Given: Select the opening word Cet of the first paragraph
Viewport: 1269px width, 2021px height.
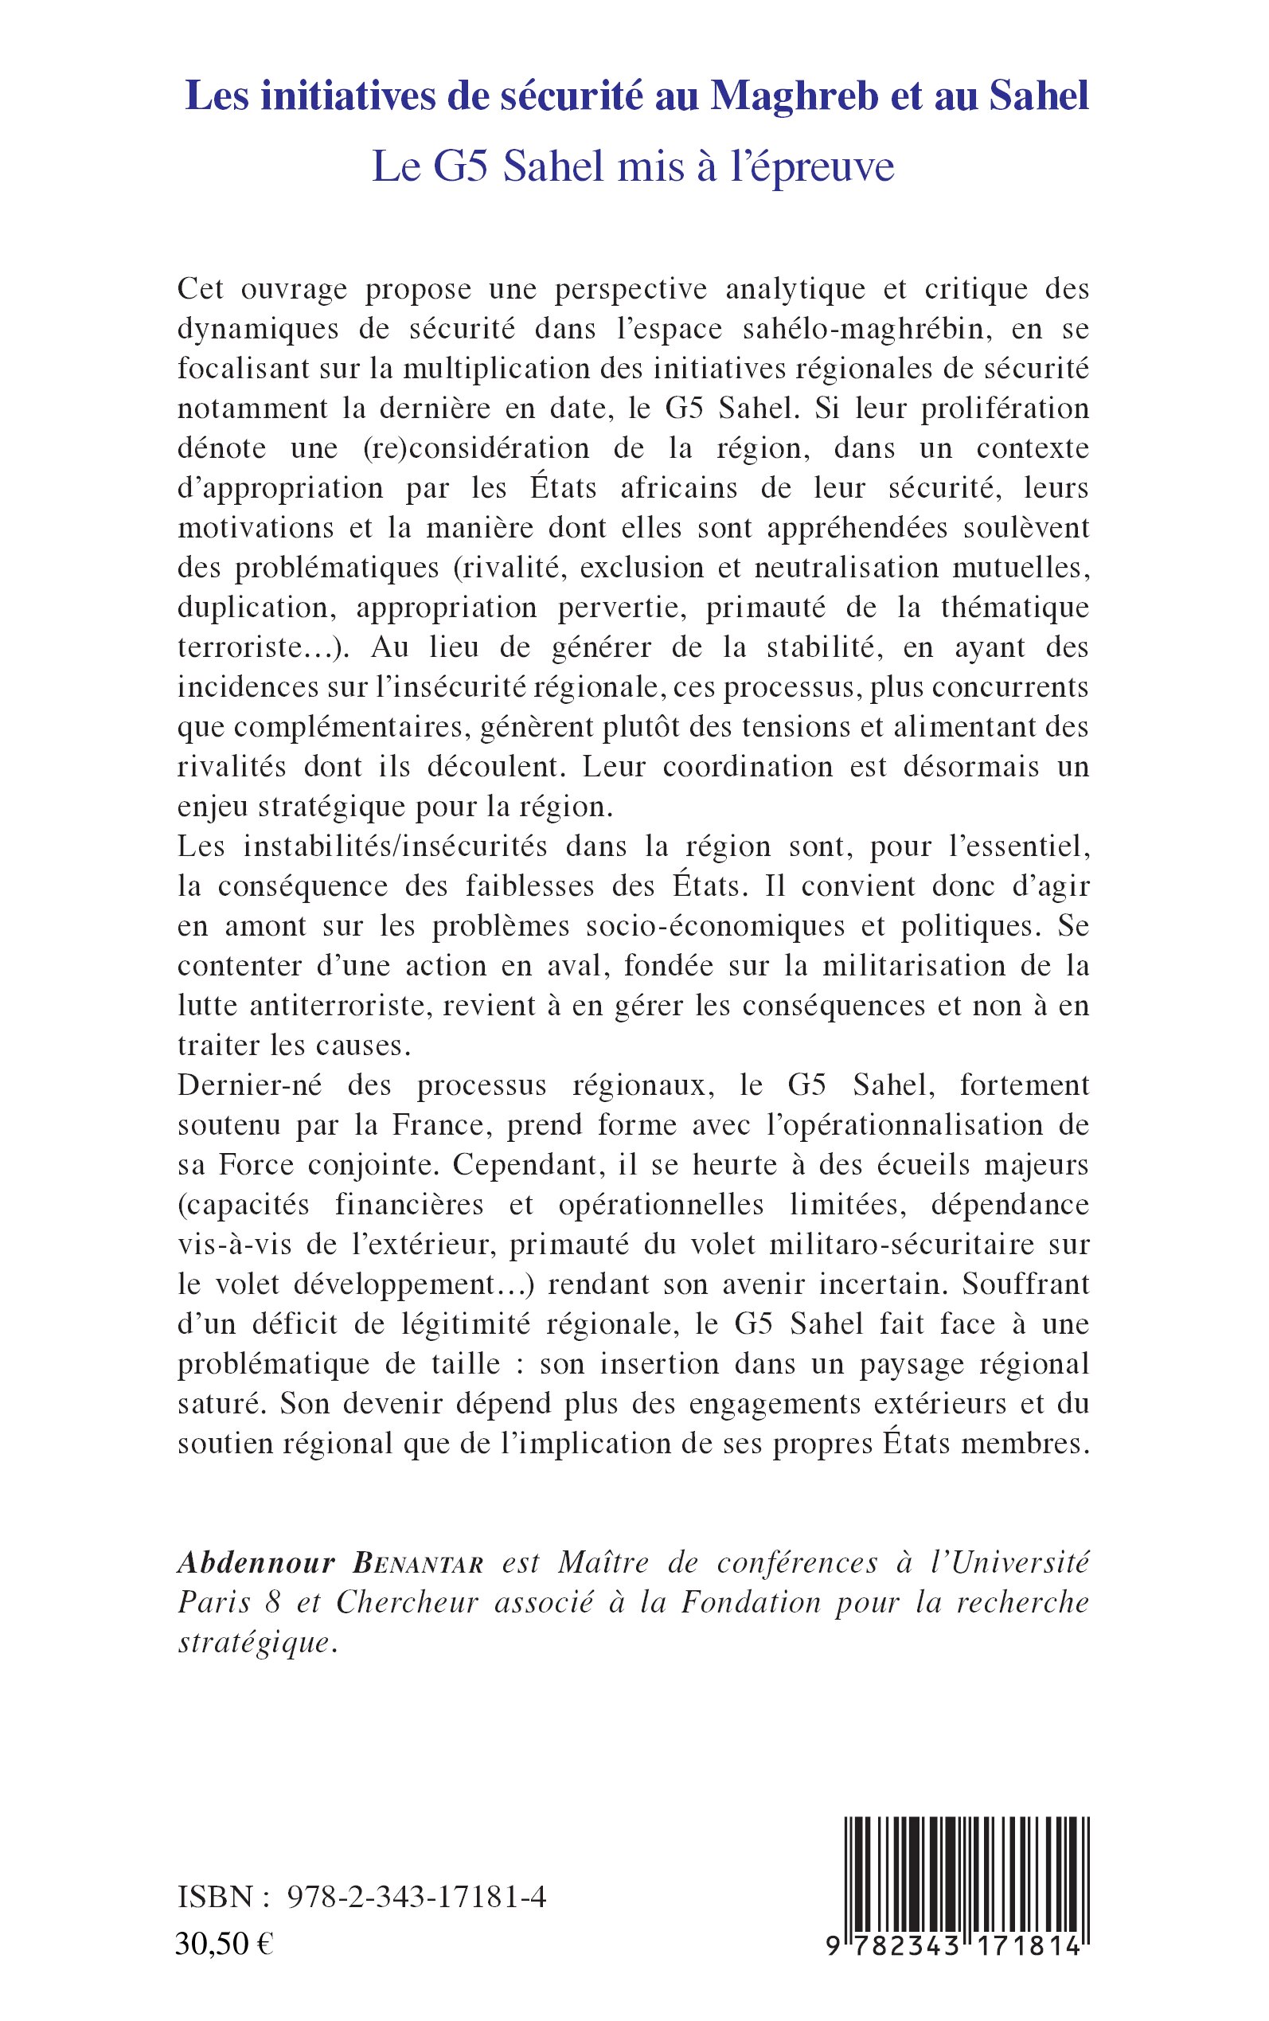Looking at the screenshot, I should [x=201, y=289].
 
